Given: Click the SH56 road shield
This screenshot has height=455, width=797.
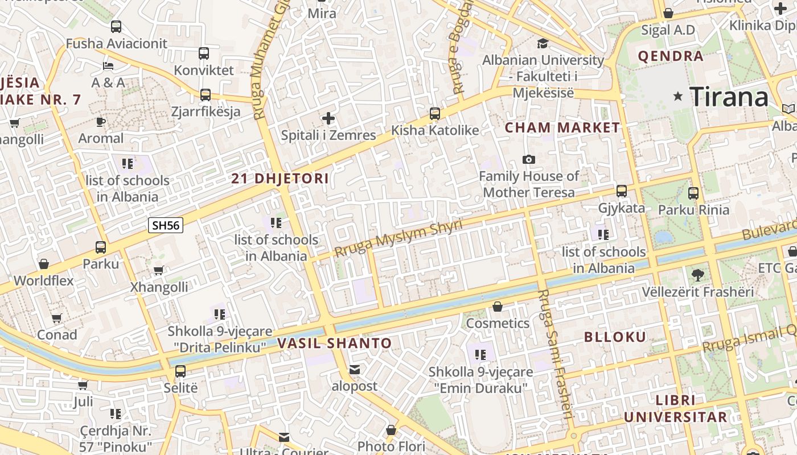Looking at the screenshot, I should [166, 225].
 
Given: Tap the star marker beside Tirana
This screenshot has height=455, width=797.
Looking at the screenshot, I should [677, 96].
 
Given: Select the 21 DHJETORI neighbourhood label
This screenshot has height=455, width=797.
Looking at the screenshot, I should [280, 179].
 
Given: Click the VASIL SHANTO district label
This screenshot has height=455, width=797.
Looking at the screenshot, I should [335, 344].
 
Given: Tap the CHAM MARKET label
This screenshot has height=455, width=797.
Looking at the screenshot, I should [562, 127].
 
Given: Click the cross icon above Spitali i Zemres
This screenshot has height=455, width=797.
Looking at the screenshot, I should [328, 118].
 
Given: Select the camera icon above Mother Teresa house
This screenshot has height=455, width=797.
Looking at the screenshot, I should [529, 159].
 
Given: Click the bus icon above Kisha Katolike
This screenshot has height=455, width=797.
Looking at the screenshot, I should [435, 114].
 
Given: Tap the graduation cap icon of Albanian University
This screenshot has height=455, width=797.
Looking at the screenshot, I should [543, 43].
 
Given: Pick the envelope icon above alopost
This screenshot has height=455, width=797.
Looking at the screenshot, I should [355, 370].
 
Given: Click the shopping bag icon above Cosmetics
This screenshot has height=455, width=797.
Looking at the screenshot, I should [498, 307].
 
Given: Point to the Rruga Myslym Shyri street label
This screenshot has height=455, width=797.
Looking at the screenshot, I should [398, 238].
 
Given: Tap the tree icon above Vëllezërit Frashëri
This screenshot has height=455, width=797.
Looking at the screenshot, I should [697, 275].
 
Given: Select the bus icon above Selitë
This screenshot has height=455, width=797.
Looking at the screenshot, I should [180, 371].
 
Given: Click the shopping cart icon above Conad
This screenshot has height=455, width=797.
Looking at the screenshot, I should [56, 318].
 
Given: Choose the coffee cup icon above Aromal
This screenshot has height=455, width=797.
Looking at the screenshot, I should [101, 122].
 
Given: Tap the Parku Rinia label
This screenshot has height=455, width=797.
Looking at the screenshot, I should [693, 210].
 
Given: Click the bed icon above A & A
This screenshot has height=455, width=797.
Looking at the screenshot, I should [108, 66].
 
